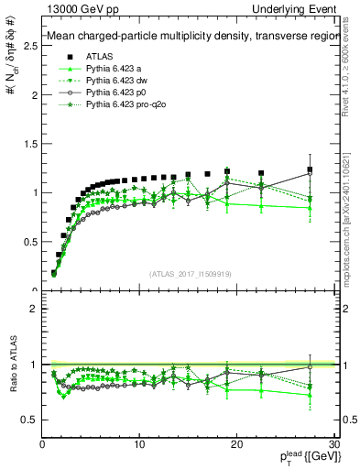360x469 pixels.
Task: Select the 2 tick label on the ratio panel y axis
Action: [33, 309]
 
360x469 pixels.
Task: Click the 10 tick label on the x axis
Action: [139, 444]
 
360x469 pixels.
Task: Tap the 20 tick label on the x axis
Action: [237, 444]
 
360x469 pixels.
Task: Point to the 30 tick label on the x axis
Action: [334, 444]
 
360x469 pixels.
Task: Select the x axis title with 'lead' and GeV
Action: [298, 458]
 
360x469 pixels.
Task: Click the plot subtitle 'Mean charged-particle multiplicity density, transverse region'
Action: [191, 37]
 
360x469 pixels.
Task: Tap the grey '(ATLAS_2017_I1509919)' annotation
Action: [190, 274]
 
